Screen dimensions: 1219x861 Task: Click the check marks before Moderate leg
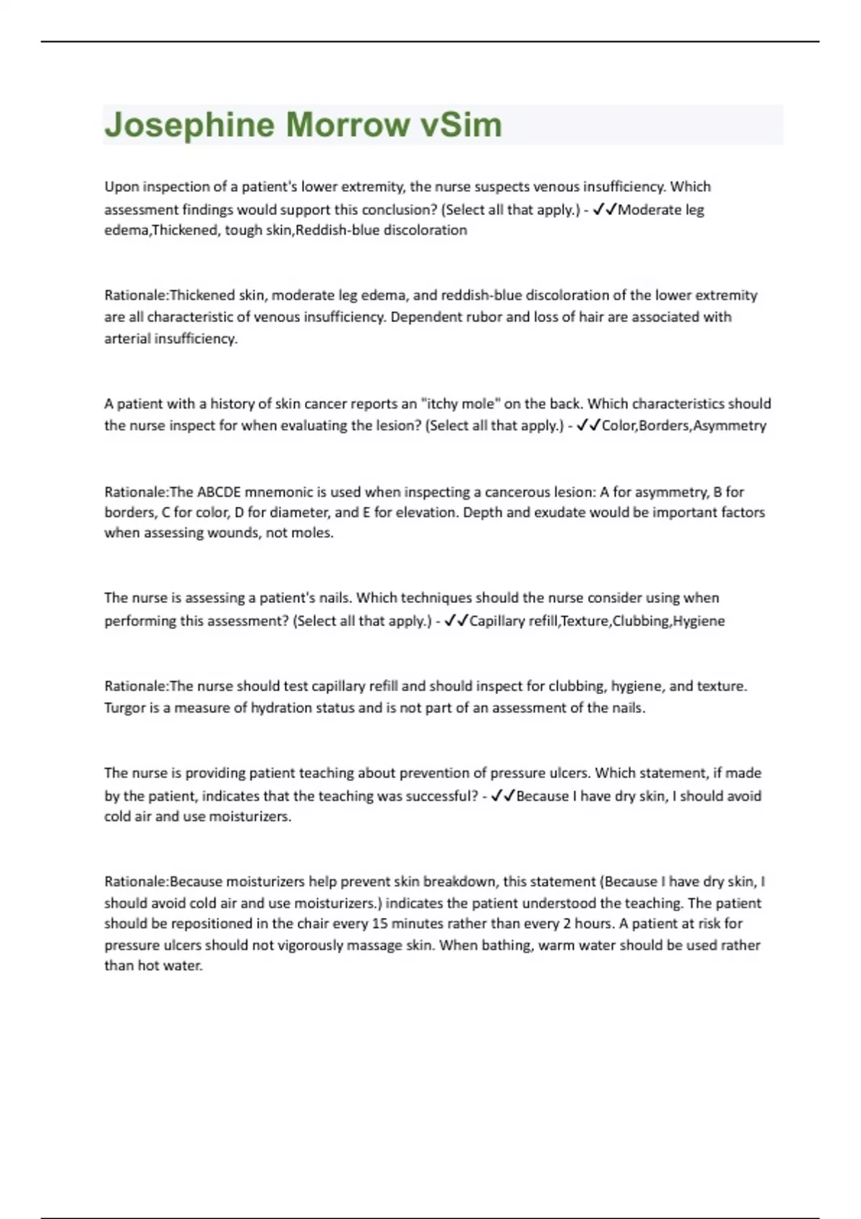(x=605, y=209)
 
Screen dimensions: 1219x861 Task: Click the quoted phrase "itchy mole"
(x=458, y=404)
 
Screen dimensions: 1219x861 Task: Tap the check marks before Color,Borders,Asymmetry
(x=588, y=425)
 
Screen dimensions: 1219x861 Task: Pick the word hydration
(x=281, y=708)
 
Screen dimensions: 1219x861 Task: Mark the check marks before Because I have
(x=503, y=796)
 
